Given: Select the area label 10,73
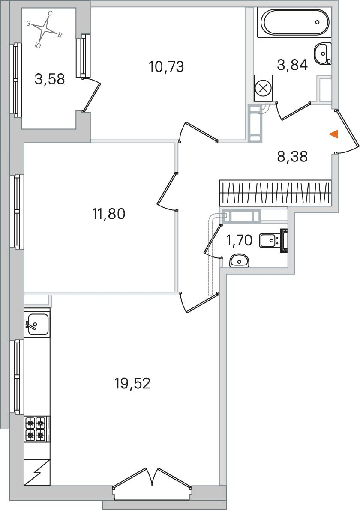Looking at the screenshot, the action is point(166,67).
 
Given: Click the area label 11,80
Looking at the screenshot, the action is point(109,214).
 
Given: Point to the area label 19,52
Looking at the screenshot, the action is point(132,384).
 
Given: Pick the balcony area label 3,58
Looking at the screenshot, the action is point(50,79).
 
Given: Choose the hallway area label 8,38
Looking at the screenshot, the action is point(292,157).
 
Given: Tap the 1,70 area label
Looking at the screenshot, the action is point(239,241).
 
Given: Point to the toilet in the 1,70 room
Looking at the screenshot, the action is point(274,241).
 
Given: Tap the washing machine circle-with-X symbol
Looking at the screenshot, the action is point(263,88).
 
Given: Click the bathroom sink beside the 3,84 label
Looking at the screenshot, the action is point(323,54).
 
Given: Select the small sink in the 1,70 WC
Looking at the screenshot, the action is point(239,261).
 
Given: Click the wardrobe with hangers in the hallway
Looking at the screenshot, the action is point(276,193).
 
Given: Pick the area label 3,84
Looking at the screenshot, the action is point(292,65).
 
